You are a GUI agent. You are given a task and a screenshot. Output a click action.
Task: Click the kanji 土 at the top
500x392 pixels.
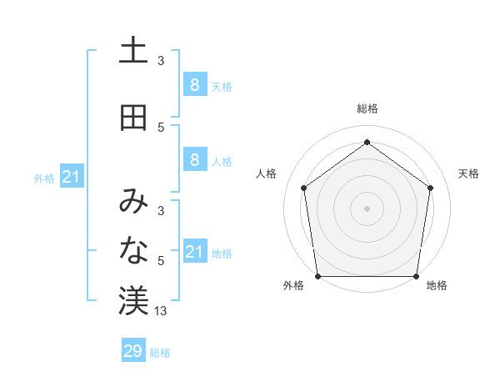coord(133,51)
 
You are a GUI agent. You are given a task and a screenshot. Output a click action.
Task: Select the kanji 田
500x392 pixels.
coord(133,118)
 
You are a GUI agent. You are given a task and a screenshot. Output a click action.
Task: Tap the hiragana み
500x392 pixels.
coord(133,201)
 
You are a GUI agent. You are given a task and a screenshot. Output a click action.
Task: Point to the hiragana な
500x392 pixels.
coord(133,251)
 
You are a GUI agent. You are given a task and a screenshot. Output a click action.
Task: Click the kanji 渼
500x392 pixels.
coord(133,301)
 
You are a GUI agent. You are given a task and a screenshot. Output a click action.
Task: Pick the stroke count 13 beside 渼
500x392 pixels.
coord(161,311)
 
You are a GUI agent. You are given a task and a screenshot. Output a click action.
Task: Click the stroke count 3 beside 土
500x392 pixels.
coord(161,61)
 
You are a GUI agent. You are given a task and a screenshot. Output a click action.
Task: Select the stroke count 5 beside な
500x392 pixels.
coord(161,261)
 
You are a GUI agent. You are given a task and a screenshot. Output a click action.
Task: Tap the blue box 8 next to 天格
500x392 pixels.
coord(194,84)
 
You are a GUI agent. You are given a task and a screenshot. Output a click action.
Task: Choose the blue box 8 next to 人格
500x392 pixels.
coord(194,160)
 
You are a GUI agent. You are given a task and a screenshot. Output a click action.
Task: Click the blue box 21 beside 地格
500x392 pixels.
coord(194,252)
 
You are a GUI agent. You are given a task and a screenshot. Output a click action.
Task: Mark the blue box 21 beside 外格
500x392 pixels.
coord(71,177)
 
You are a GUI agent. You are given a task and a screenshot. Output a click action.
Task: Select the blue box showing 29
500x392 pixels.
coord(132,351)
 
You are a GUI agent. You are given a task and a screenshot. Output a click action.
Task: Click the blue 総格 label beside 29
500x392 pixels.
coord(160,353)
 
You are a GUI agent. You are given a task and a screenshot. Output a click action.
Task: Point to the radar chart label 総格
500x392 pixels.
coord(367,108)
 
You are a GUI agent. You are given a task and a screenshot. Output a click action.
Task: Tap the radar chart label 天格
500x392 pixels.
coord(468,173)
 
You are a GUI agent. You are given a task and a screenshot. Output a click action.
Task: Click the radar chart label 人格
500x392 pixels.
coord(267,173)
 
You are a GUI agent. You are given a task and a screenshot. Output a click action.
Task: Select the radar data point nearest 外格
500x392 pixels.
coord(317,276)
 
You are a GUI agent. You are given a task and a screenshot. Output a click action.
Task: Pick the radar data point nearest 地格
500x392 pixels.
coord(417,276)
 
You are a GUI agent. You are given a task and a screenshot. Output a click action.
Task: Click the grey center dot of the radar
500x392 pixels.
coord(367,208)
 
